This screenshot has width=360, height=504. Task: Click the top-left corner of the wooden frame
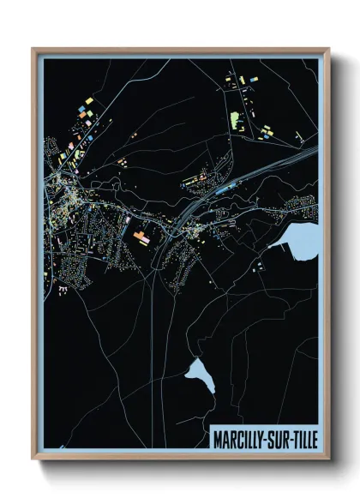33,49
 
